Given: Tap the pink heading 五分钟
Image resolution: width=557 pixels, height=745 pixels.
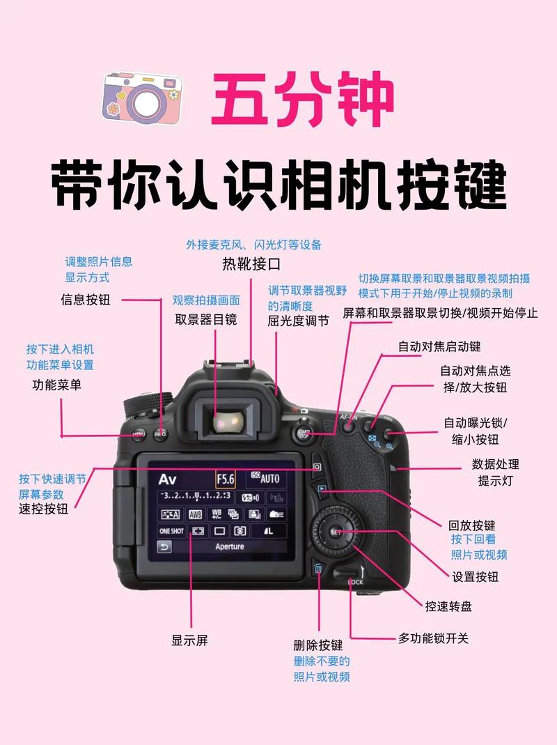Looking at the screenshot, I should (302, 102).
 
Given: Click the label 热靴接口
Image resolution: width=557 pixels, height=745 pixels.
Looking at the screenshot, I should (251, 264).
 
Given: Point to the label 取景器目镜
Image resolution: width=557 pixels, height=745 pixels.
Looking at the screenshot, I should (205, 319).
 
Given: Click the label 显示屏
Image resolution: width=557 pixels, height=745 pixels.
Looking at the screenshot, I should (189, 640).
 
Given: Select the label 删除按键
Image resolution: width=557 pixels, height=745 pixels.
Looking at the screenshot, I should (318, 645).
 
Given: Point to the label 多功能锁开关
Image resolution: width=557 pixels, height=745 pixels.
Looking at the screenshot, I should (433, 638).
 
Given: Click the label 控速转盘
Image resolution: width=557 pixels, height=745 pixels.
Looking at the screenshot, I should (448, 606).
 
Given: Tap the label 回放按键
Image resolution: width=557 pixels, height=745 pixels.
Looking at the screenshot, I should (471, 525).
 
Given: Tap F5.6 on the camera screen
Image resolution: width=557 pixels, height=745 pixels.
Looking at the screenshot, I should (226, 479).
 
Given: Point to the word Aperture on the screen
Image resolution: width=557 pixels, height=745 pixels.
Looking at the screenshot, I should (230, 546).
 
